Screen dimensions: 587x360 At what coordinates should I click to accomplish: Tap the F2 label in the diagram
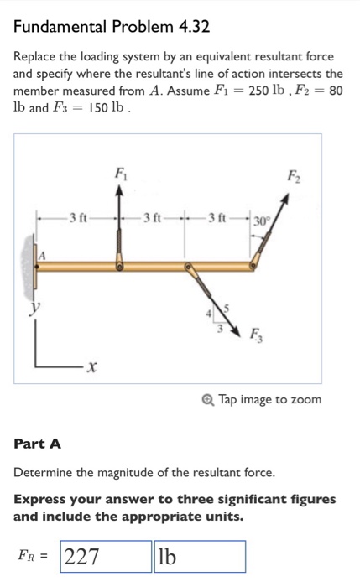pos(292,177)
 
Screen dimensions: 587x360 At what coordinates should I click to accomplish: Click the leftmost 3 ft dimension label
pos(78,219)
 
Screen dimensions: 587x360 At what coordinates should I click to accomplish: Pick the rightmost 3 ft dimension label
pos(217,219)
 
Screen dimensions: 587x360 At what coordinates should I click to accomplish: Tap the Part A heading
pos(38,443)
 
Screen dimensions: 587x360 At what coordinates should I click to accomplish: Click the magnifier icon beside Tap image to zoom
pos(209,399)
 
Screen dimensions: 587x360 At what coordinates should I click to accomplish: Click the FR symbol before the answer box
pos(32,557)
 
